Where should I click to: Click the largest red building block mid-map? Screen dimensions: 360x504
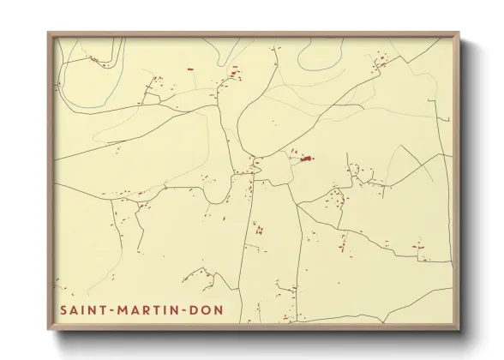coord(306,158)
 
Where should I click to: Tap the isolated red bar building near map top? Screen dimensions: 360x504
coord(189,68)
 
